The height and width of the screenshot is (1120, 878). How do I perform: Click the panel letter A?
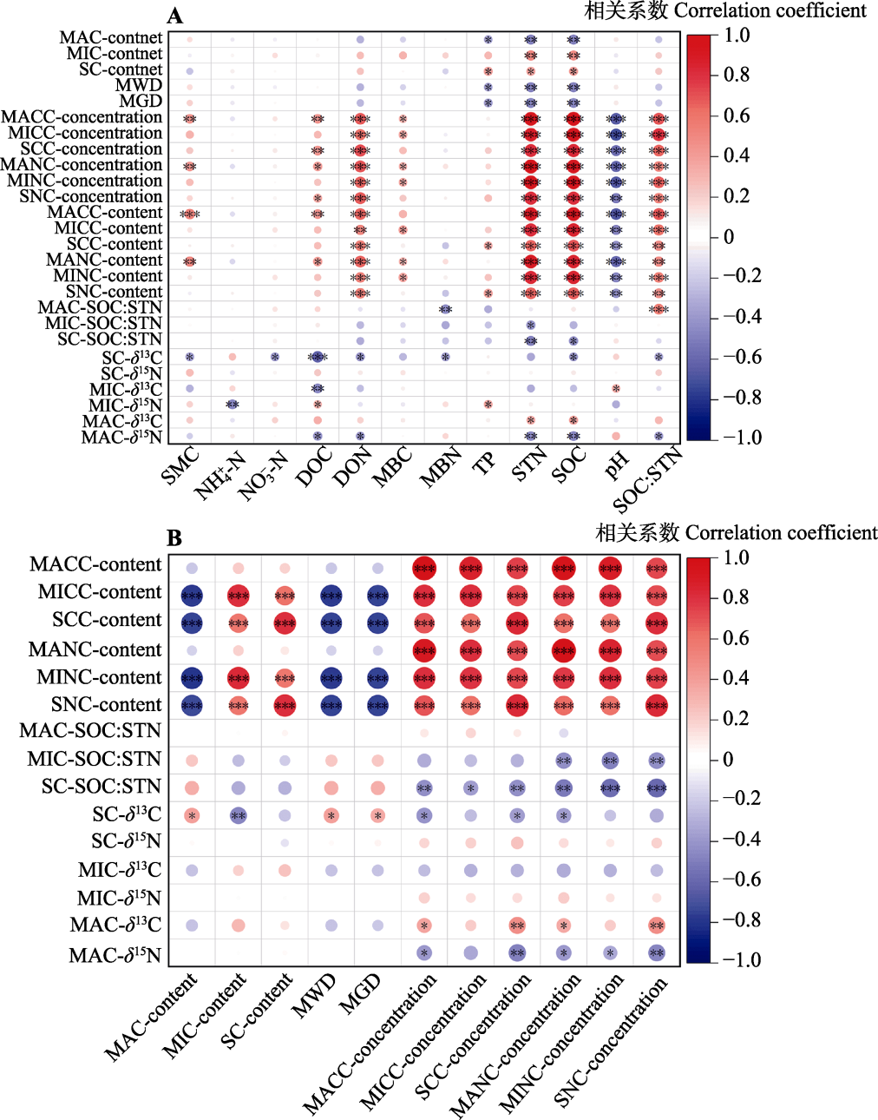[174, 16]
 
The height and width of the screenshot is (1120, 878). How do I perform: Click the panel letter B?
[174, 538]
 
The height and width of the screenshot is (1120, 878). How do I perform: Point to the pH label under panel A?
[616, 466]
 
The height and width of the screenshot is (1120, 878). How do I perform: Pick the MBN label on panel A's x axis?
[440, 468]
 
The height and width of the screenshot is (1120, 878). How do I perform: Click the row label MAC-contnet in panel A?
[110, 38]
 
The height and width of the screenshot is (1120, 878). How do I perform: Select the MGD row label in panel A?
[141, 102]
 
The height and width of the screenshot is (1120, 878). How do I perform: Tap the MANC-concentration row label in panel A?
[82, 165]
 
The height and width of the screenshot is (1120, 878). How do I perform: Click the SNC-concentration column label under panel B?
[611, 1042]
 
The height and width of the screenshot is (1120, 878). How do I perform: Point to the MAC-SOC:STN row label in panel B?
[90, 731]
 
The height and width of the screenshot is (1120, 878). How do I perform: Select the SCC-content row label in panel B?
[107, 621]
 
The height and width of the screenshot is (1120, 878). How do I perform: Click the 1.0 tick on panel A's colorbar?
[737, 36]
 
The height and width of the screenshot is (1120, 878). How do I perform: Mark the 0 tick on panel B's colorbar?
[728, 760]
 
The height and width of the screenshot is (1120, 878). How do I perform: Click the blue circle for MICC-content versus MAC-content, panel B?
[192, 596]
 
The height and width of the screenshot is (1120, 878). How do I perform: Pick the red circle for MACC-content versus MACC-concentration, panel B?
[424, 569]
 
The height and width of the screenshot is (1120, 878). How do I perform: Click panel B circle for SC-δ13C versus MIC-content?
[238, 815]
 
